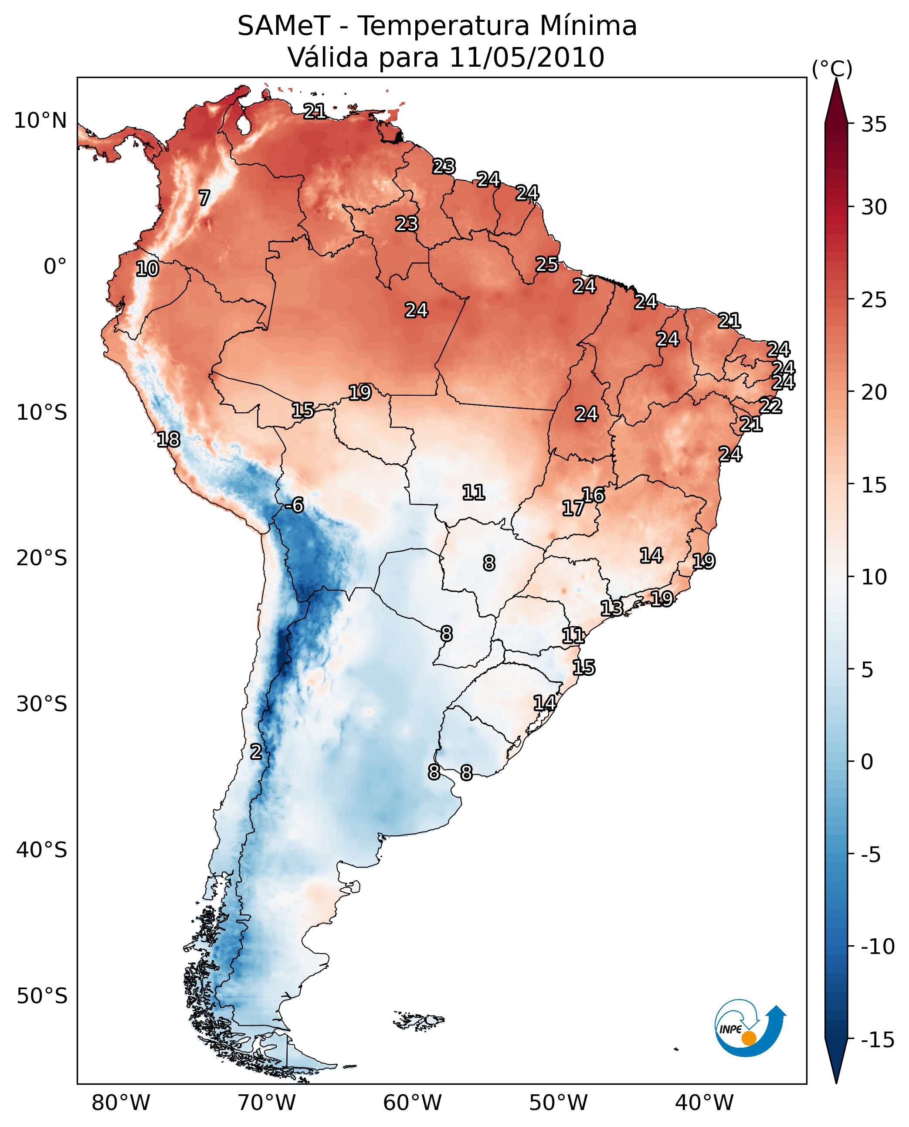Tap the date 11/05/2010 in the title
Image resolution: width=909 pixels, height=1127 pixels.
[527, 58]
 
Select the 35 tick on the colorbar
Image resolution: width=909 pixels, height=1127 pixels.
[874, 125]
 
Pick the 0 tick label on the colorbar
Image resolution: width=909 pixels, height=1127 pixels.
[867, 761]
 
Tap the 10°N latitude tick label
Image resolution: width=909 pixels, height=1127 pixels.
[41, 121]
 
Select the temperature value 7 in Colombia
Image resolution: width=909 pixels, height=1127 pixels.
[204, 198]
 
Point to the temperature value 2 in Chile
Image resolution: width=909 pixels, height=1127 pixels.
[255, 751]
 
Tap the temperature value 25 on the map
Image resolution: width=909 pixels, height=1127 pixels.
[546, 265]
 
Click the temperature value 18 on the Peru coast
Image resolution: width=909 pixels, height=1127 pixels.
[169, 439]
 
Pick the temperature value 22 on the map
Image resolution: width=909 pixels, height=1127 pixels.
[770, 406]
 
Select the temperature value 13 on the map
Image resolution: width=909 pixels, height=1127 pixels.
[611, 608]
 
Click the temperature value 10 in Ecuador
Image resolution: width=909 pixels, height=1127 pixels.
[147, 269]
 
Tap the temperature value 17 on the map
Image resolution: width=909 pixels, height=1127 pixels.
[573, 508]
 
